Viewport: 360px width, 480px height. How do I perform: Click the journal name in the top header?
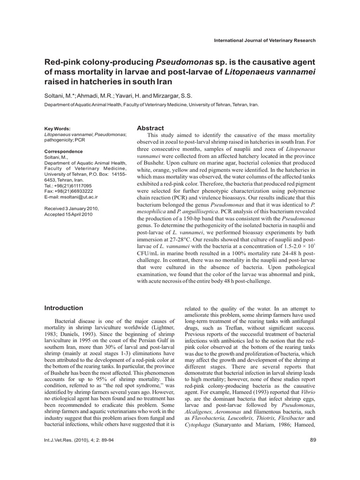pos(264,40)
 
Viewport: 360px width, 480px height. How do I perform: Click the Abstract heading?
pos(150,128)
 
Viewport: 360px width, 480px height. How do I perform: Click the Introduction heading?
pos(63,308)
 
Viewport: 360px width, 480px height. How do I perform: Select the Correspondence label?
pos(63,151)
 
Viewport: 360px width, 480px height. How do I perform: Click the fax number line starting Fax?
pos(68,191)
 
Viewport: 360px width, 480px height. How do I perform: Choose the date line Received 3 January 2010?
pos(71,208)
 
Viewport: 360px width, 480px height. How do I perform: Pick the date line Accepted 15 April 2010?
pos(68,214)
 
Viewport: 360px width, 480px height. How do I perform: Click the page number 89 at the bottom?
pos(314,439)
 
